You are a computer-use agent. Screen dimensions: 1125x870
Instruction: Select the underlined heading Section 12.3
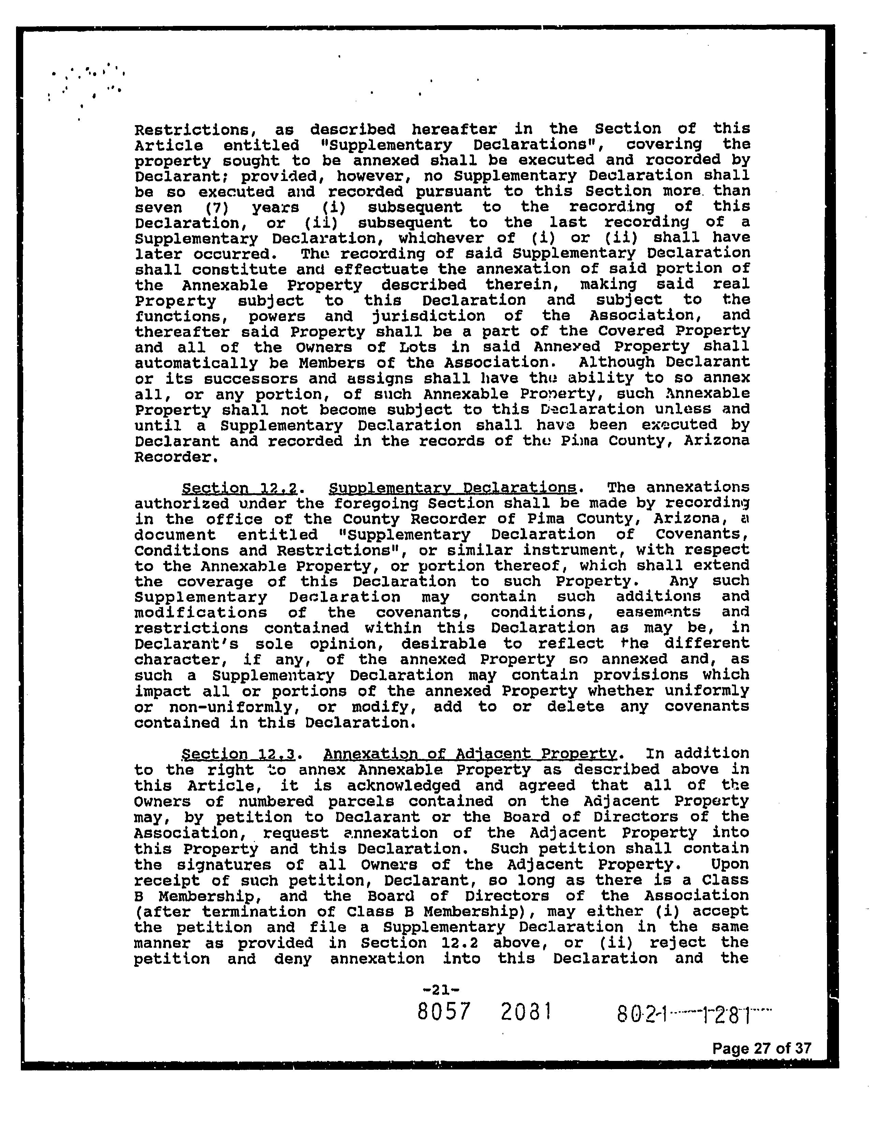point(239,754)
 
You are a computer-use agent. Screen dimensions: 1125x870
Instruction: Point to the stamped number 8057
point(444,1012)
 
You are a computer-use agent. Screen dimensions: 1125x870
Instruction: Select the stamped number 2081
point(525,1012)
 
